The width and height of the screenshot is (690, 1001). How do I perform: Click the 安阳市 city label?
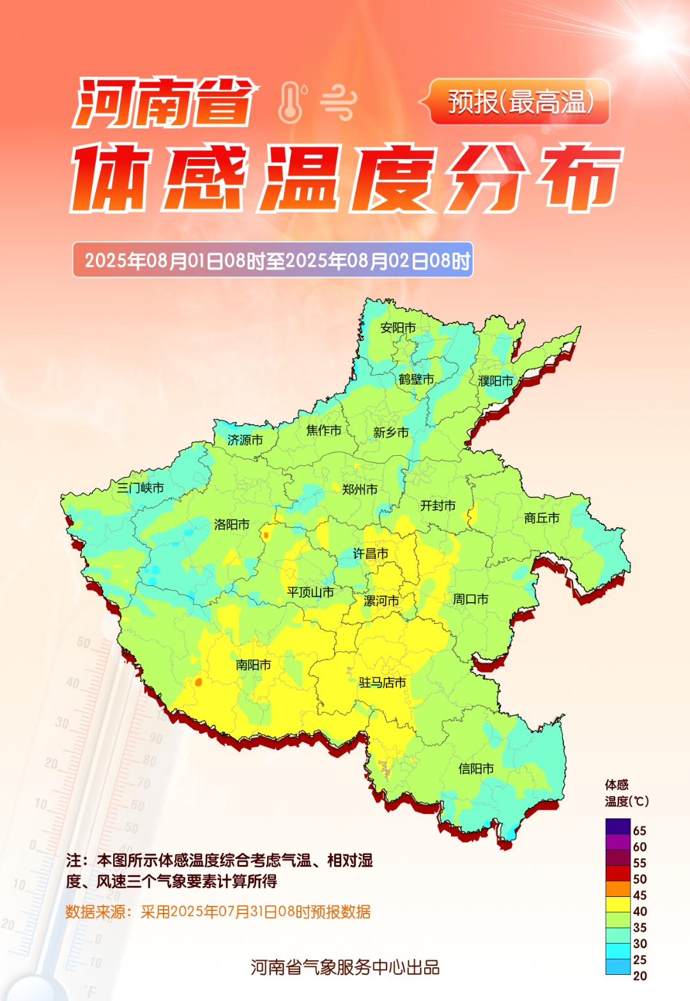[x=397, y=327]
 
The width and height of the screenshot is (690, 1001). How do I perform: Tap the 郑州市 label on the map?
[x=359, y=490]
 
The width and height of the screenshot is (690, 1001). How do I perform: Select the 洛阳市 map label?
[x=231, y=525]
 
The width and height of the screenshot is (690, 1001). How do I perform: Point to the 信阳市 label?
[x=476, y=769]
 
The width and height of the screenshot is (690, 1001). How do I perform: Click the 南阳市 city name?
[x=253, y=665]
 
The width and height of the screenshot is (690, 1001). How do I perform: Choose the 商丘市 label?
[x=541, y=518]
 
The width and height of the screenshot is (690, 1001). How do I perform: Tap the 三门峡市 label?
[x=140, y=488]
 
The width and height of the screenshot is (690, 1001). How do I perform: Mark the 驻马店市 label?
[x=382, y=682]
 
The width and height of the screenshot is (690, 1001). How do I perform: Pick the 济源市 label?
[x=245, y=440]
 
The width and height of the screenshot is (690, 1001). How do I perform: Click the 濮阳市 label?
[x=496, y=381]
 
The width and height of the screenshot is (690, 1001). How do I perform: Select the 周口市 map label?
[x=470, y=599]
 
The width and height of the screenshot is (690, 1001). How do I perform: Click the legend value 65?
[x=640, y=831]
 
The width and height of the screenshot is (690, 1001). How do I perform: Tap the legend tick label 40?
[x=640, y=912]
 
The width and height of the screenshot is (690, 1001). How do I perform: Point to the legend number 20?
[x=640, y=976]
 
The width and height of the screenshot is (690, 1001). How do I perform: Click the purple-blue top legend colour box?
[x=618, y=826]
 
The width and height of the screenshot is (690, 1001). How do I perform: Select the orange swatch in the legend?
[x=618, y=889]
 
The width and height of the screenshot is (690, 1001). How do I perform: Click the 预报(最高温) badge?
[x=519, y=102]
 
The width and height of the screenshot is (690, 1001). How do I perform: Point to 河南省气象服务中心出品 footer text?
[x=345, y=967]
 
